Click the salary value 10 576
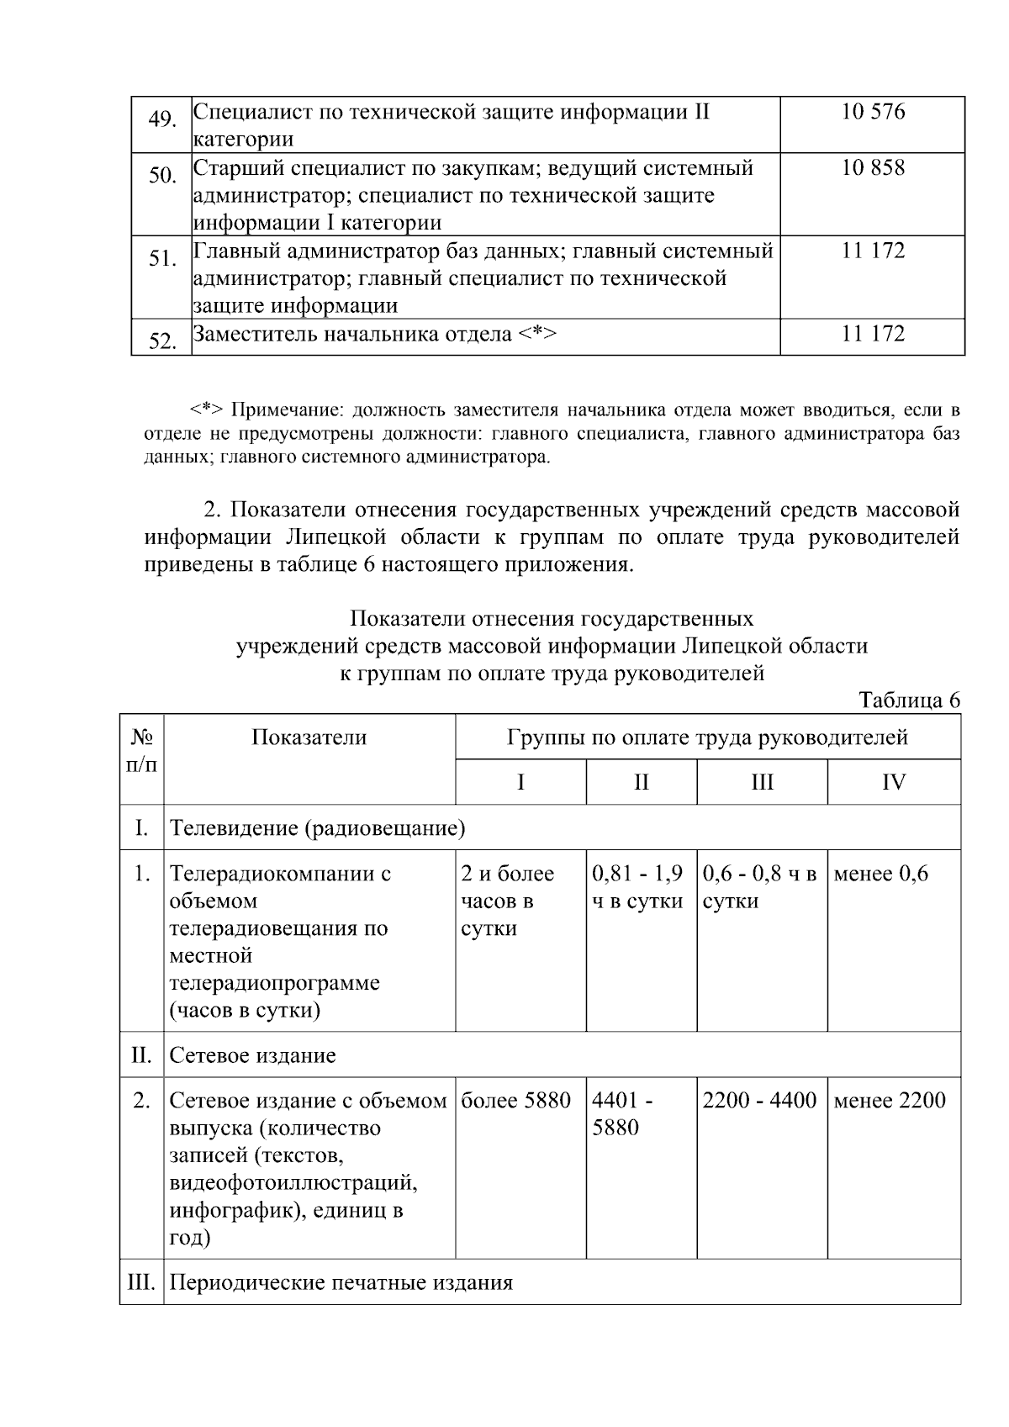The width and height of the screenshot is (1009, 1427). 873,113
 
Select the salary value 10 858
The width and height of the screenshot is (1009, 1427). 873,168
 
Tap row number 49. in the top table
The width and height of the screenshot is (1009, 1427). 161,120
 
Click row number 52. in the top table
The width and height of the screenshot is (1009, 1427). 161,341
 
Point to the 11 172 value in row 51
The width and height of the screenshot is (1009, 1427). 873,251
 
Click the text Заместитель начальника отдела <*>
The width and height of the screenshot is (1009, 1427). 375,335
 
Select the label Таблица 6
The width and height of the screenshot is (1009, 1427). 909,700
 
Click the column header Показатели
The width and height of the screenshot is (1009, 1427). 309,737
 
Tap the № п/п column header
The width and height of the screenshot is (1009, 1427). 141,751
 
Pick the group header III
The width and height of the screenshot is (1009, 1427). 762,783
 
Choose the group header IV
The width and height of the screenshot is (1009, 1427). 894,783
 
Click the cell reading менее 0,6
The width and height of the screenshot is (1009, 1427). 880,874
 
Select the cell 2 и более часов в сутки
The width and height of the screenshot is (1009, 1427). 507,901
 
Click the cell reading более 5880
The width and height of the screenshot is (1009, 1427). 515,1101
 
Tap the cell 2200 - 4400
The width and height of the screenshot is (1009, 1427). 759,1101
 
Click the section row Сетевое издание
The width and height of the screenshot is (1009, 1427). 253,1055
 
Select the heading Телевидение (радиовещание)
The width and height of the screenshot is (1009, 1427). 318,828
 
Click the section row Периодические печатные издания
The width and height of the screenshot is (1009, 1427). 341,1283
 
